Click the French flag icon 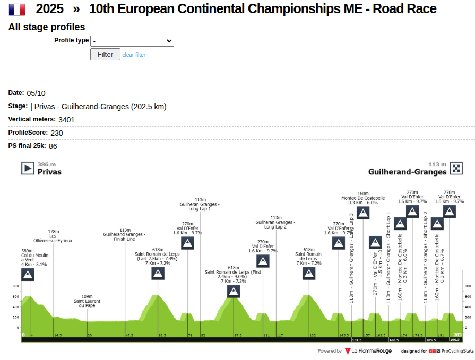tap(17, 9)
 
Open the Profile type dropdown tap(132, 41)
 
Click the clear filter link tap(134, 55)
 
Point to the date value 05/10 tap(36, 93)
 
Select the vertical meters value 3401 tap(66, 120)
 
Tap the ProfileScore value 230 tap(57, 133)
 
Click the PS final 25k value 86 tap(53, 146)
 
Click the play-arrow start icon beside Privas tap(28, 168)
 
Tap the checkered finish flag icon tap(456, 169)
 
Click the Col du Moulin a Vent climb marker tap(28, 275)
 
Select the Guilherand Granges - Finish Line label tap(124, 234)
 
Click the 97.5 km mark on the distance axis tap(237, 336)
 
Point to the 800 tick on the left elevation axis tap(16, 286)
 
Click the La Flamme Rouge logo tap(368, 351)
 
